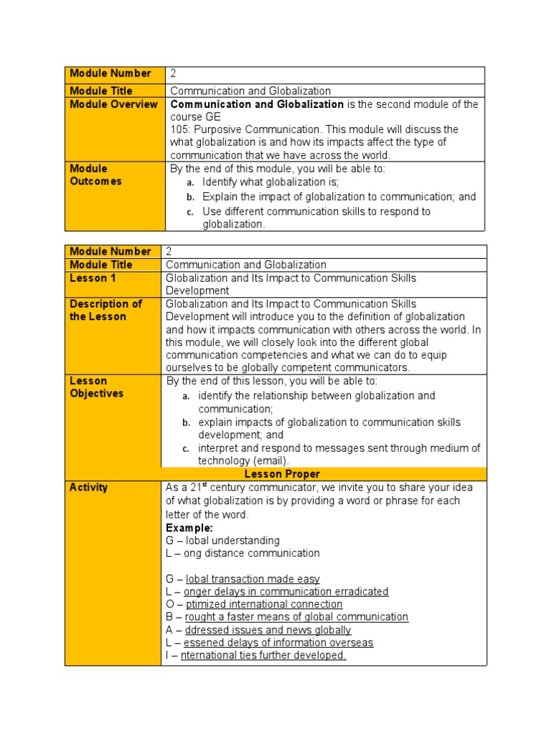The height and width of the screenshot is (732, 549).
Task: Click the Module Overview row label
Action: point(114,104)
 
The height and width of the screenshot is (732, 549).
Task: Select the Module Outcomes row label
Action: point(96,175)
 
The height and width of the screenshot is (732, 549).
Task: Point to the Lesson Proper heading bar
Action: point(282,474)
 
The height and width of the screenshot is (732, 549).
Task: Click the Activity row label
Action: point(89,488)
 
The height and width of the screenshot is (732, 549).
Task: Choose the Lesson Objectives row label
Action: point(97,387)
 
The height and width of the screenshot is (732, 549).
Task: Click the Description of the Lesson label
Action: point(105,310)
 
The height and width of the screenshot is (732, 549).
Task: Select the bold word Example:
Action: point(189,528)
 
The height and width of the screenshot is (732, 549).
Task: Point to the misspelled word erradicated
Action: point(360,592)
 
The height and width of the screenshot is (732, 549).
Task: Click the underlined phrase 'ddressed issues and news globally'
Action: point(268,630)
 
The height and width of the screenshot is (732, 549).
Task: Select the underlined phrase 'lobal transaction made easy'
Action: point(252,579)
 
